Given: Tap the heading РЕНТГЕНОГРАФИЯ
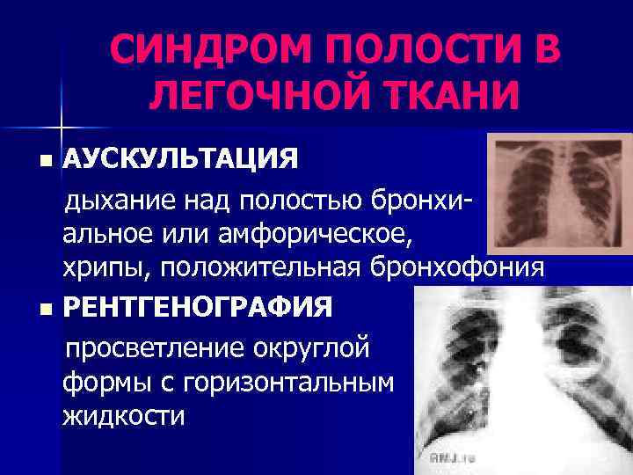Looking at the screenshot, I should pyautogui.click(x=198, y=309).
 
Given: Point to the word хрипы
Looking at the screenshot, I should pyautogui.click(x=99, y=267).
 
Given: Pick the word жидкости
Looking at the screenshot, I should pyautogui.click(x=124, y=414).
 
